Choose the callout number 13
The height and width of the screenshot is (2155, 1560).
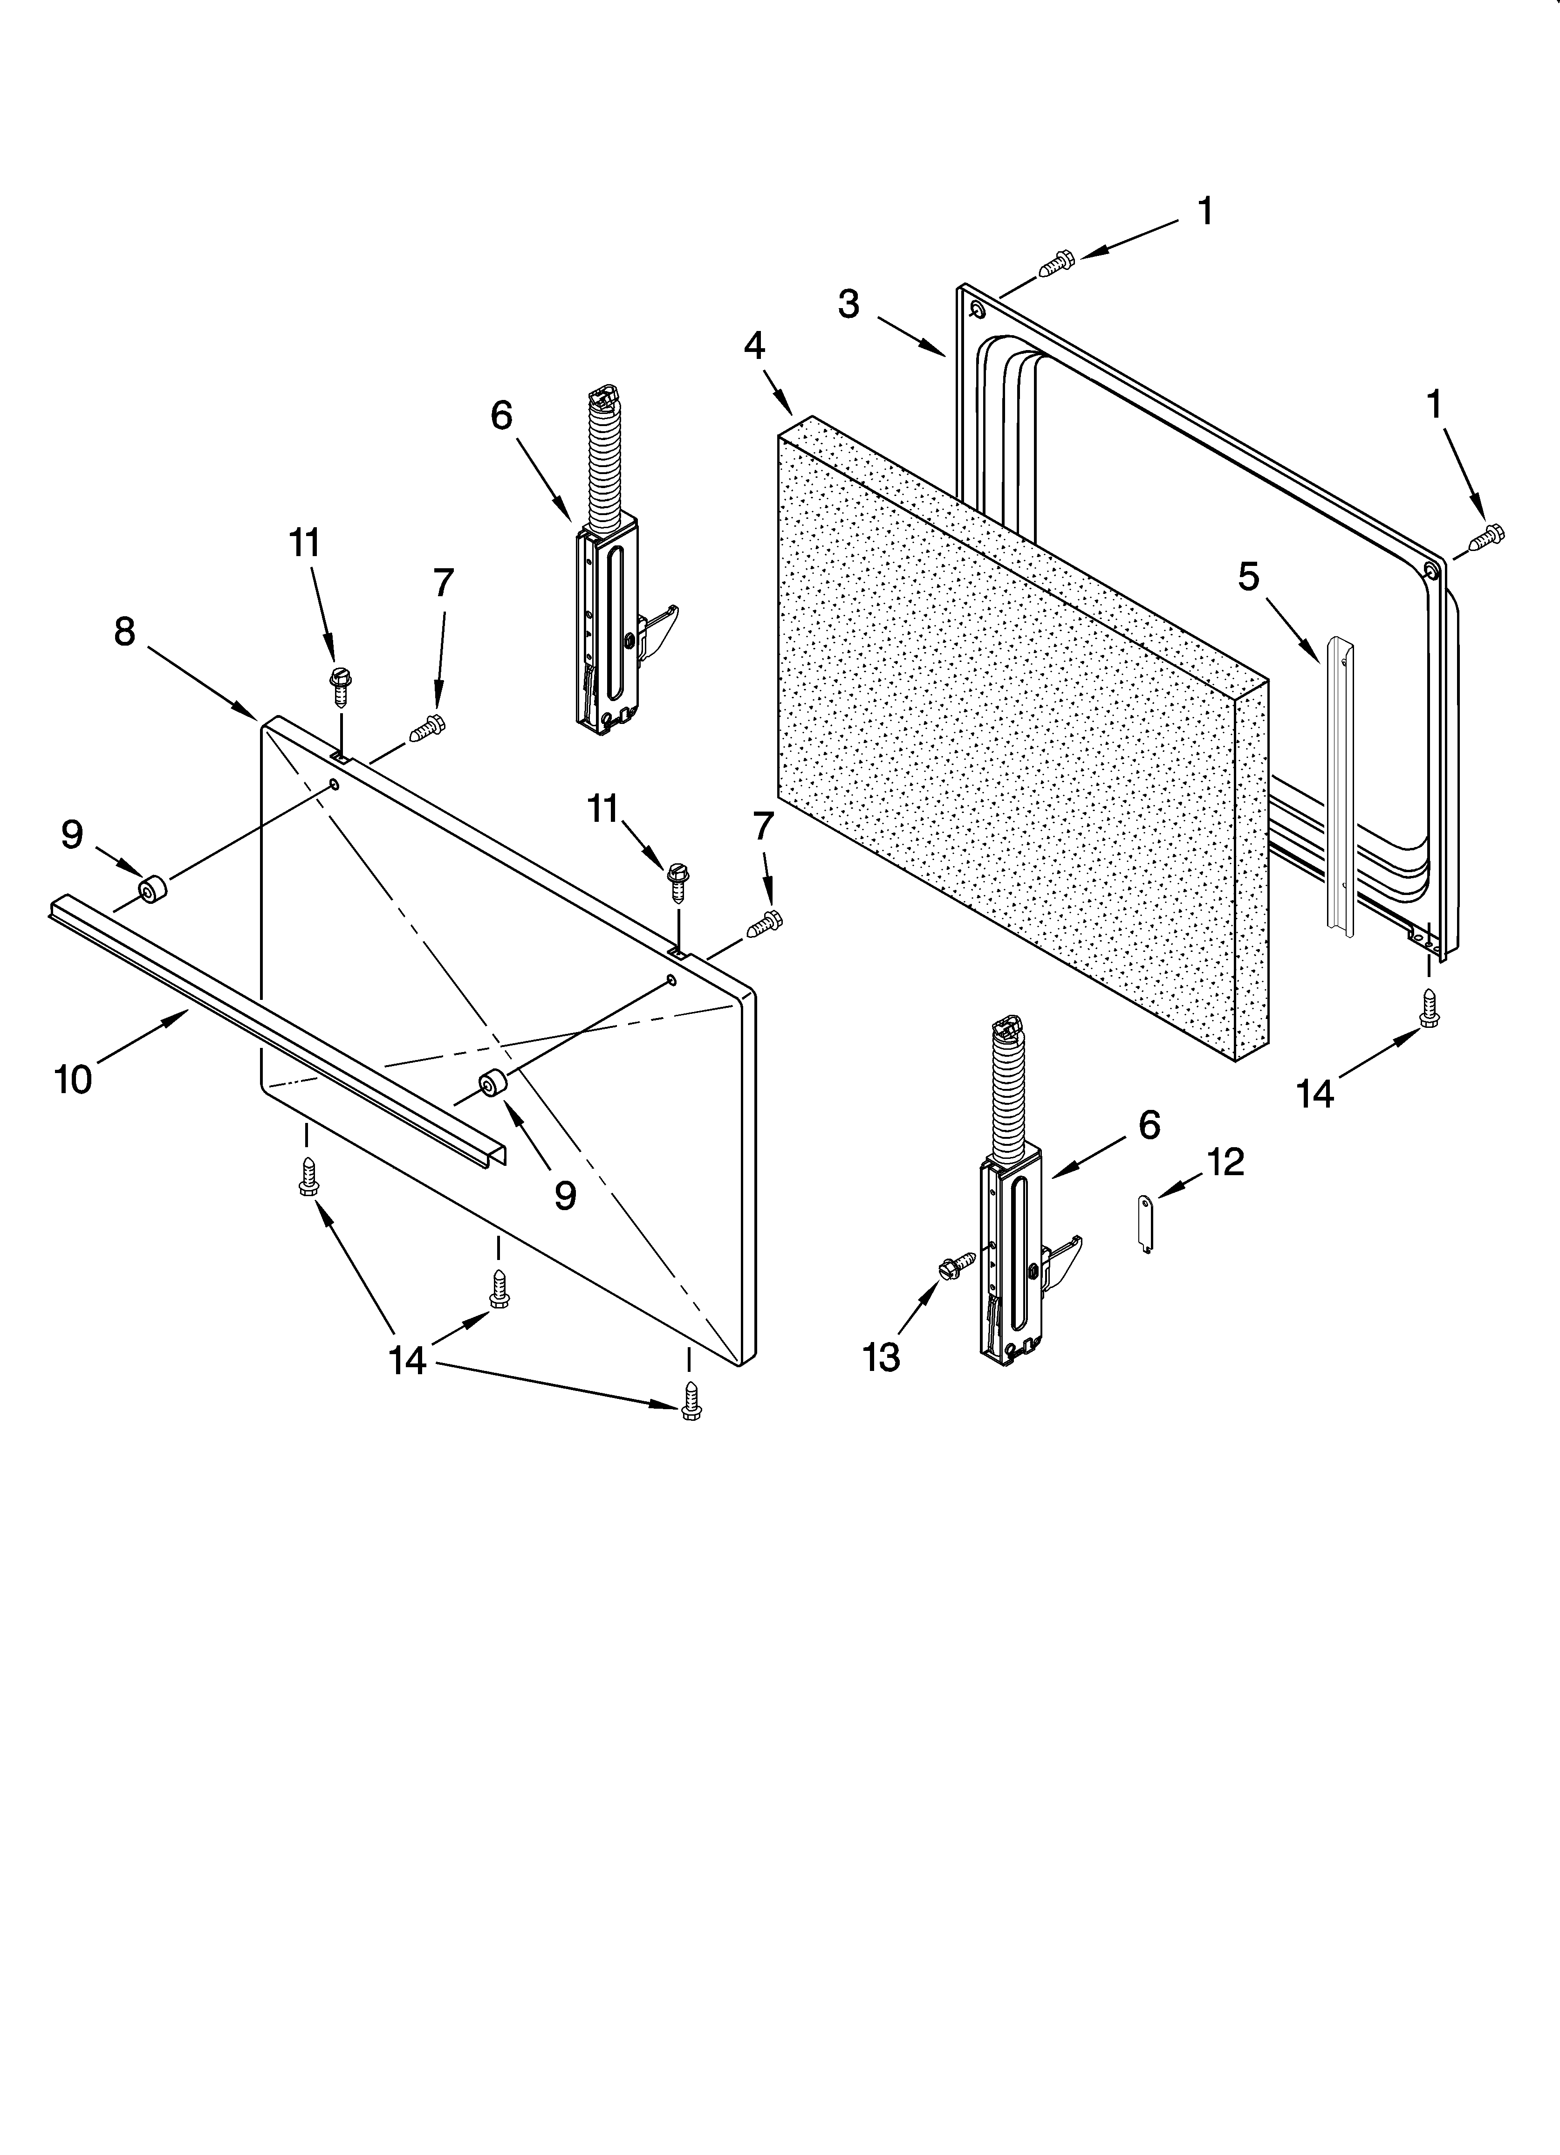[x=881, y=1358]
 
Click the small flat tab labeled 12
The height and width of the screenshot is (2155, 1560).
[x=1146, y=1225]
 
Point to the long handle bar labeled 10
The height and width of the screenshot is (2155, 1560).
[x=275, y=1026]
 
